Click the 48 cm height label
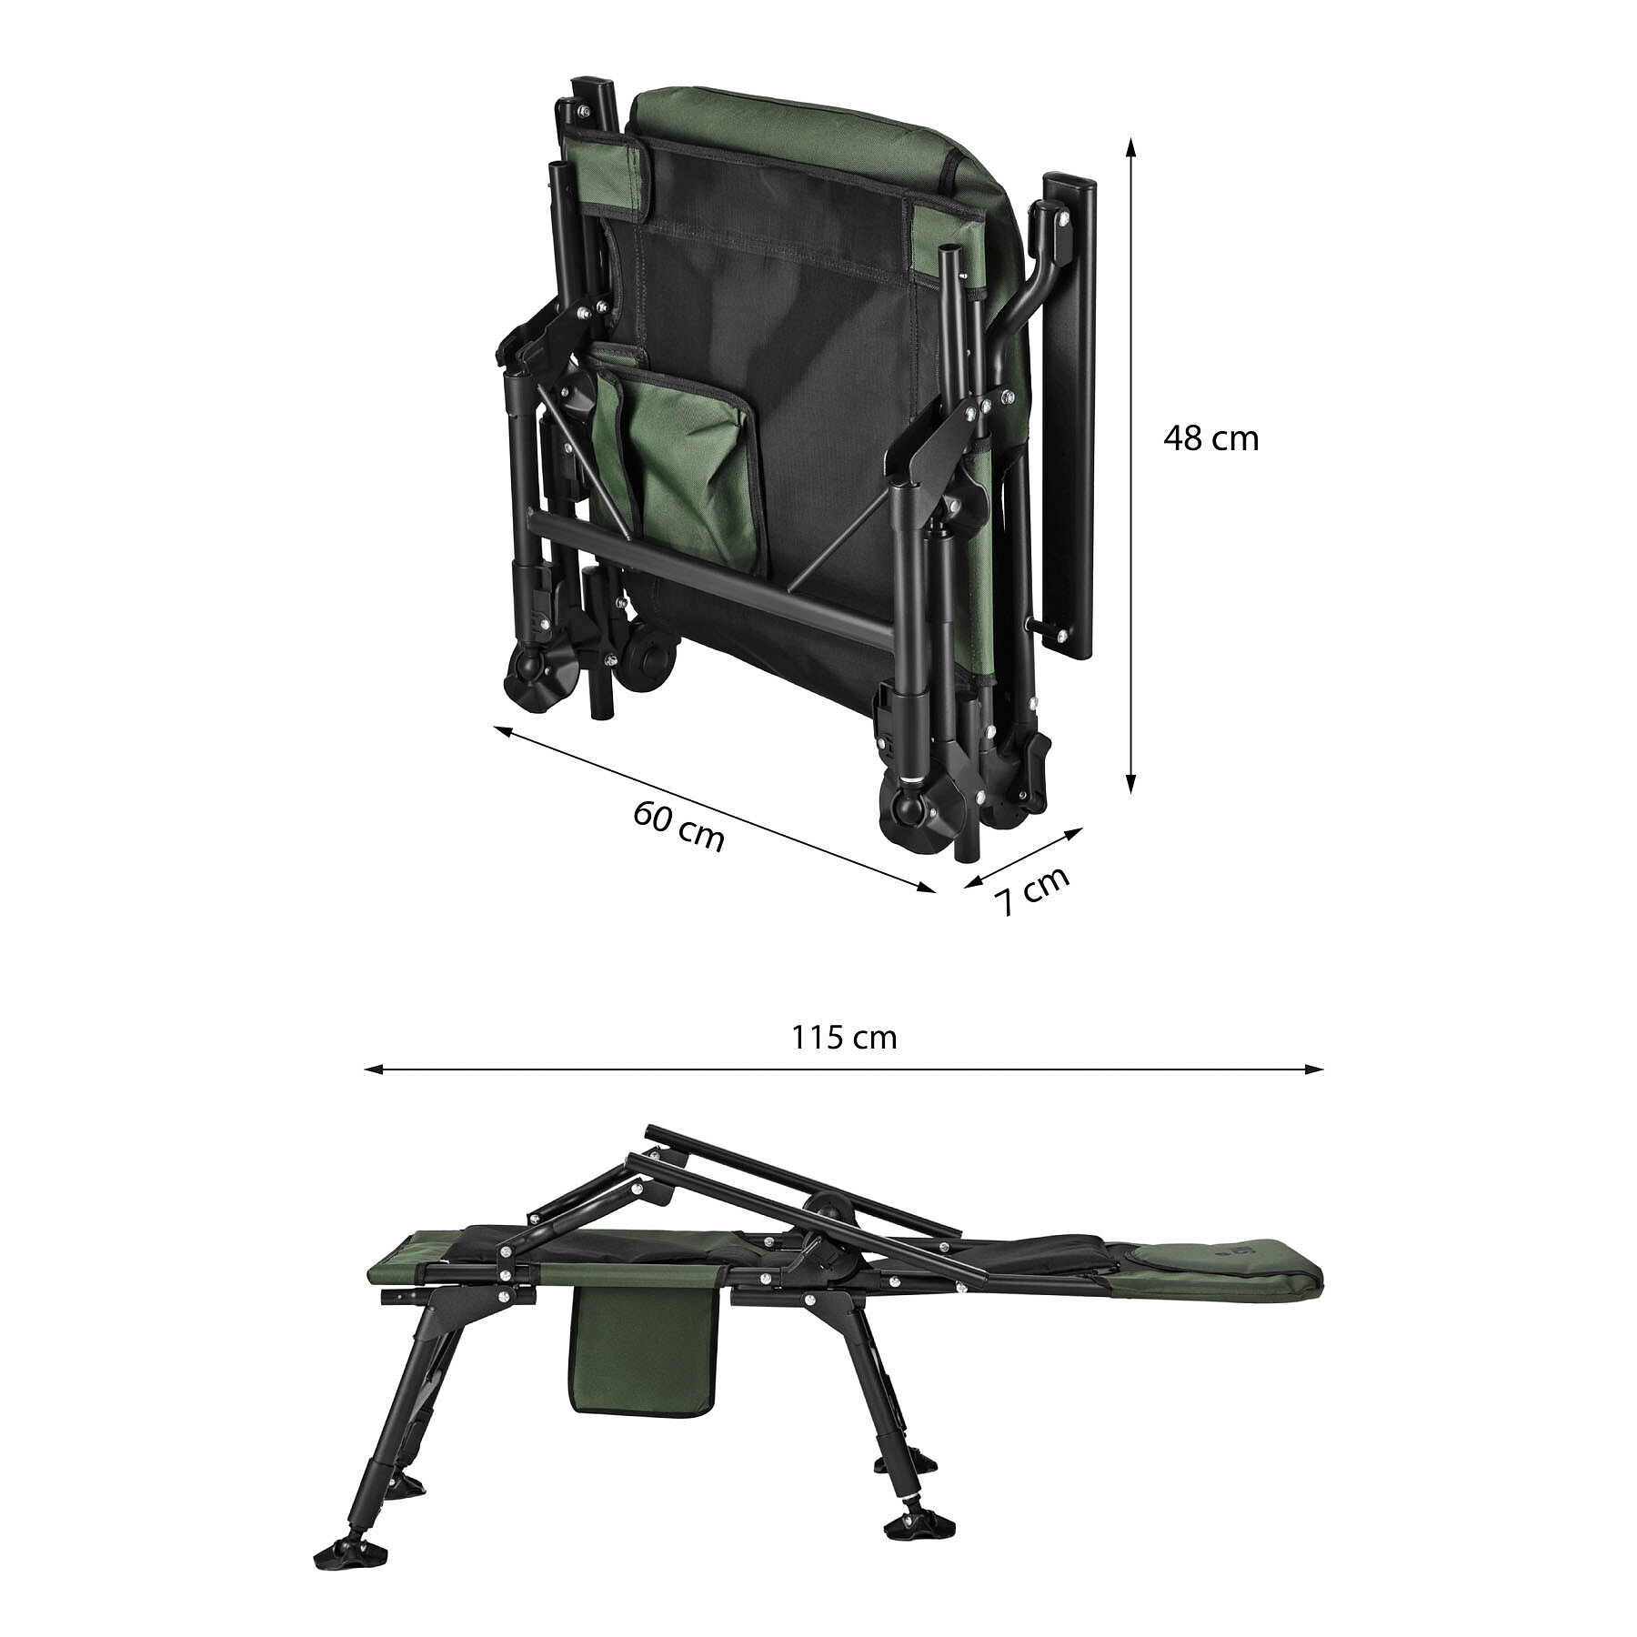pos(1210,439)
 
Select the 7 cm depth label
pos(1031,890)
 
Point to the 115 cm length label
pos(844,1038)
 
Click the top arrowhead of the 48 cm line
pos(1130,146)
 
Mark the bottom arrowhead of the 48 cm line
pos(1130,783)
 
